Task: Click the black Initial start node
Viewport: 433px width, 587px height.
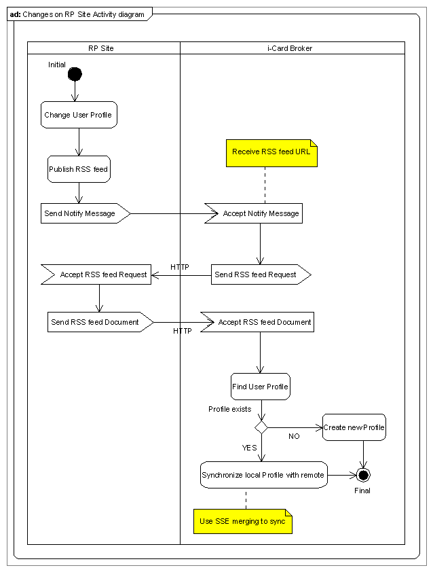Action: (75, 74)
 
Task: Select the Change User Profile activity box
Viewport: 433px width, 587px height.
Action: (79, 115)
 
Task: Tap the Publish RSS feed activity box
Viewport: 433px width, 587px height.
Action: (79, 169)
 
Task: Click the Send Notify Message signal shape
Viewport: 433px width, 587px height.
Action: (86, 213)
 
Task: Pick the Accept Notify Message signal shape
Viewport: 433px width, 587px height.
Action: (254, 213)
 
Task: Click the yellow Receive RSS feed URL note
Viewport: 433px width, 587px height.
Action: (272, 153)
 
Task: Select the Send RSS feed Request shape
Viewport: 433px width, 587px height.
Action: (261, 274)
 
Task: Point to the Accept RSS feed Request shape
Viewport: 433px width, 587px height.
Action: (96, 274)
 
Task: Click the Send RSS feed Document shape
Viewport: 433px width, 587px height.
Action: (100, 322)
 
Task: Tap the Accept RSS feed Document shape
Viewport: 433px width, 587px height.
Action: (257, 322)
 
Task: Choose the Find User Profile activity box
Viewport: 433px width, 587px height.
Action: (261, 387)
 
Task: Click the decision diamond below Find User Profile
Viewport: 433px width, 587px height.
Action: (261, 427)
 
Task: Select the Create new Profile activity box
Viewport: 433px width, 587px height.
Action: (354, 427)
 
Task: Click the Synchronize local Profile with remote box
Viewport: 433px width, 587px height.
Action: (264, 475)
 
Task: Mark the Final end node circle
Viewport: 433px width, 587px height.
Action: (363, 475)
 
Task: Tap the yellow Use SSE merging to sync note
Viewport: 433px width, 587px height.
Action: (243, 521)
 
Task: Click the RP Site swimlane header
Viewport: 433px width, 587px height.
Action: (101, 48)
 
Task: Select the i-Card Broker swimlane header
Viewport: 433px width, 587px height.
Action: (290, 48)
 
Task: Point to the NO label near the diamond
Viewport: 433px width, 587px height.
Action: (294, 436)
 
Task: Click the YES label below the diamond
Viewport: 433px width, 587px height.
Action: (249, 448)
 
